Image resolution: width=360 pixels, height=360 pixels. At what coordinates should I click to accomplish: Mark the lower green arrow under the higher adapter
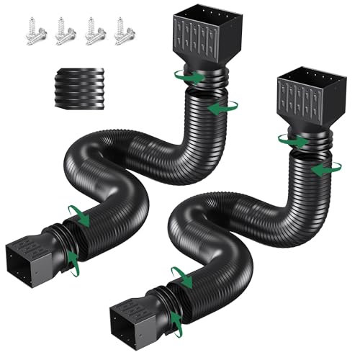(x=219, y=107)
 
